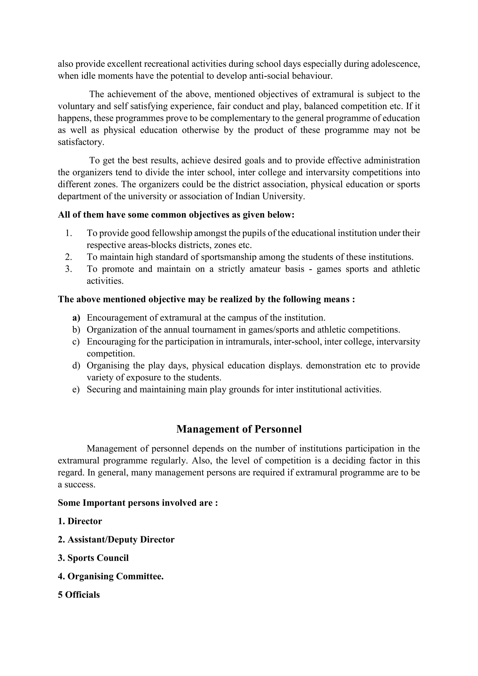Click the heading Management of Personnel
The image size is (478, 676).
coord(239,429)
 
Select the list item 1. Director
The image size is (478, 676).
coord(80,521)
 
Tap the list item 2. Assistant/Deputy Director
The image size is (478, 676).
coord(116,539)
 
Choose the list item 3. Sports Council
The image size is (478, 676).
coord(93,558)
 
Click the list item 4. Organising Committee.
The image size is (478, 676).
coord(111,576)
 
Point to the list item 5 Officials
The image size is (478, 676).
coord(79,595)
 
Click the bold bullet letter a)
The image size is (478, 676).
coord(76,318)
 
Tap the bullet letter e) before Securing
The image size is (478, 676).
coord(76,390)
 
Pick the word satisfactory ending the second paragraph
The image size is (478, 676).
coord(81,142)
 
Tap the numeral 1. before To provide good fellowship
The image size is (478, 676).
coord(69,233)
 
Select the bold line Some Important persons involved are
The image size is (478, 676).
coord(138,503)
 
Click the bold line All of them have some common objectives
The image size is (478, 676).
coord(176,215)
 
